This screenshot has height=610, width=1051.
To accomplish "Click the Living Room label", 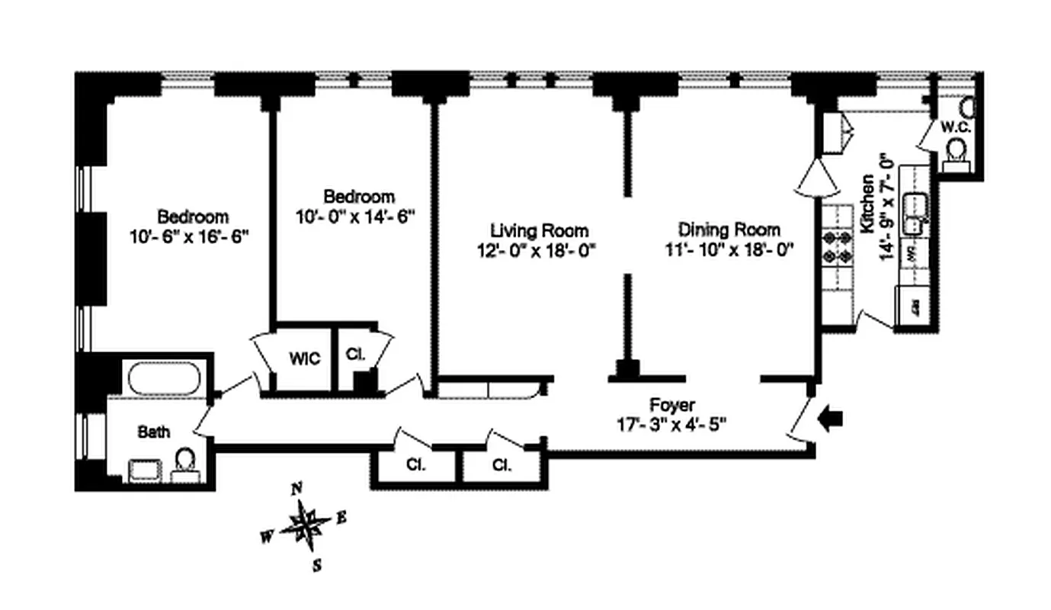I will tap(539, 230).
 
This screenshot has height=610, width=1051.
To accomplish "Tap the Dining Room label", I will tap(729, 230).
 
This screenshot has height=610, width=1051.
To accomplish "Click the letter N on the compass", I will tap(299, 490).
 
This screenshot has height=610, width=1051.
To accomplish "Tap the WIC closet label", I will tap(304, 358).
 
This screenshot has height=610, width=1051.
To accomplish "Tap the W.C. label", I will tap(954, 127).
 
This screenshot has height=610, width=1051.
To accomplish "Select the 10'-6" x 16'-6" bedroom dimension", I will tap(190, 236).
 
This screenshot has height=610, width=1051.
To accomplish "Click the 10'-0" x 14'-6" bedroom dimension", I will tap(355, 216).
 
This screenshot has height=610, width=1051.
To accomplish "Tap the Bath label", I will tap(154, 432).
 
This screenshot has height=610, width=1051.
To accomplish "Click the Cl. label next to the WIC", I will tap(354, 355).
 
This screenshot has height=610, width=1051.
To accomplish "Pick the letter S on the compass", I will tap(318, 565).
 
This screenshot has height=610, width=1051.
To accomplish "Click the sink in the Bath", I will tap(143, 470).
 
